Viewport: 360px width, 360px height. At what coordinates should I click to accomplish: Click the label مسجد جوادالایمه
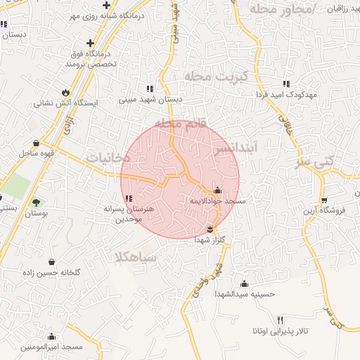pyautogui.click(x=217, y=201)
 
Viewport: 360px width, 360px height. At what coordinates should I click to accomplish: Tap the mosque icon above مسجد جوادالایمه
pyautogui.click(x=217, y=190)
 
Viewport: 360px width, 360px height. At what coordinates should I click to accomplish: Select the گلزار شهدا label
pyautogui.click(x=211, y=239)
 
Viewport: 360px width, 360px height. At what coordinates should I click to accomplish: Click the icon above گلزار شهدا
pyautogui.click(x=211, y=228)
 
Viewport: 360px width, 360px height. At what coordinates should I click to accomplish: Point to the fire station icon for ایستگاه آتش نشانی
pyautogui.click(x=66, y=91)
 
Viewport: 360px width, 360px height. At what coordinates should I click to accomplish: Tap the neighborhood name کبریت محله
pyautogui.click(x=212, y=75)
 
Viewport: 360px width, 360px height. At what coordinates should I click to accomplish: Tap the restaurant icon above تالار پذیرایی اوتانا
pyautogui.click(x=281, y=319)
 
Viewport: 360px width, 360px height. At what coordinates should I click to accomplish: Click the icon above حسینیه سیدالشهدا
pyautogui.click(x=244, y=283)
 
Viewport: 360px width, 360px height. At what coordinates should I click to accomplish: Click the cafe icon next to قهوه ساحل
pyautogui.click(x=36, y=143)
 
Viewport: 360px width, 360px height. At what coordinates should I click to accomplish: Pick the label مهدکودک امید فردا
pyautogui.click(x=285, y=94)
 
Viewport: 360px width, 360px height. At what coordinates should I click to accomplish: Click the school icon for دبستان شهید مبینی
pyautogui.click(x=149, y=89)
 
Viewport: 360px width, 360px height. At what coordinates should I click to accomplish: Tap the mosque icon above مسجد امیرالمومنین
pyautogui.click(x=51, y=336)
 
